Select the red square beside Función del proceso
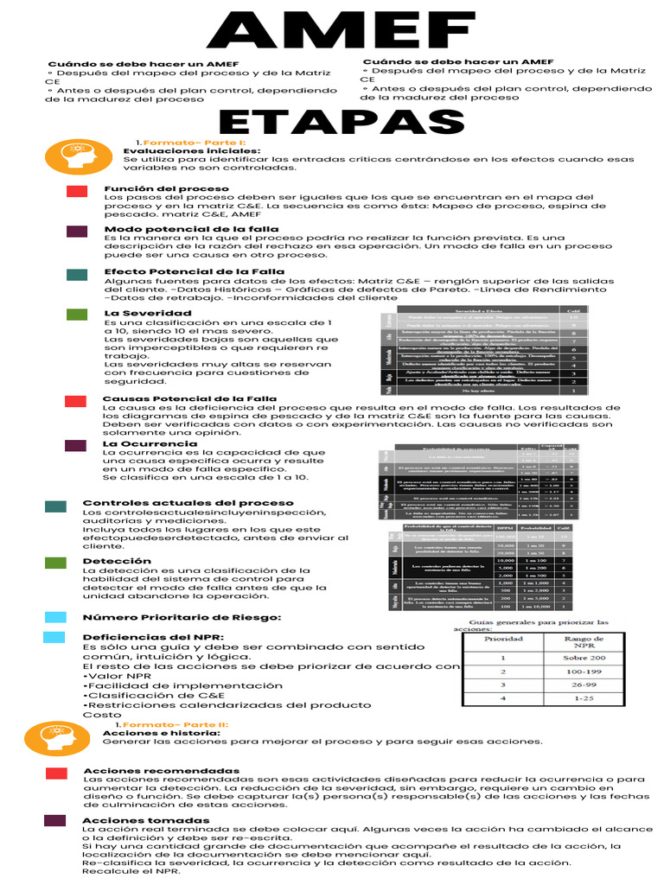pos(76,191)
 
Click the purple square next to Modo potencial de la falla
pos(76,232)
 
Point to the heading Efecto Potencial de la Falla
pos(194,271)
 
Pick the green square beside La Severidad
pos(76,315)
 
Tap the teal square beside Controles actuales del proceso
pos(56,506)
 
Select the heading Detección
pos(117,561)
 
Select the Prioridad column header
pos(502,640)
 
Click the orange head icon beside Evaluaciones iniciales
pos(79,156)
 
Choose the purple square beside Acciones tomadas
pos(55,820)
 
